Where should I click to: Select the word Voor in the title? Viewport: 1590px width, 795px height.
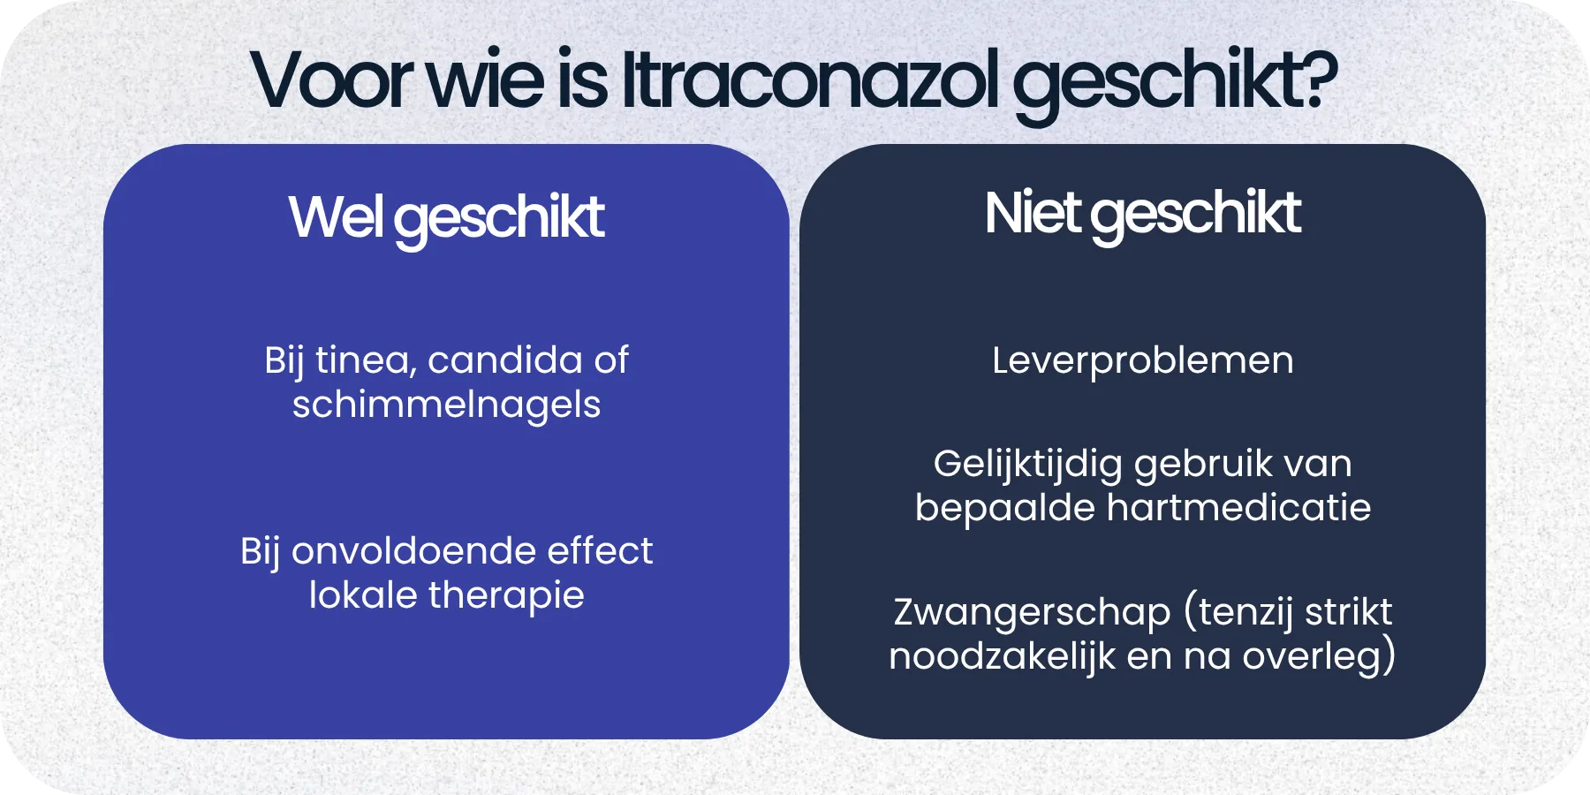(x=332, y=79)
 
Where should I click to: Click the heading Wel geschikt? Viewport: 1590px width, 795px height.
(x=446, y=217)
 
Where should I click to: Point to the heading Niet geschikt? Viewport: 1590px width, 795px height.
(x=1142, y=214)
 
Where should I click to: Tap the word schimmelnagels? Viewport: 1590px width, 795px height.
(x=446, y=405)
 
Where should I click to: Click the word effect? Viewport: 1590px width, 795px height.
(x=600, y=551)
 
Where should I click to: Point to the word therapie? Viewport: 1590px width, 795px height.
(x=506, y=595)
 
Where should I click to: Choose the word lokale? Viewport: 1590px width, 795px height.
(x=363, y=595)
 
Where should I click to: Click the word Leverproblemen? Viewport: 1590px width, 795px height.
(x=1142, y=360)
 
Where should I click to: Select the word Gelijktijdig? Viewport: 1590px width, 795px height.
(x=1027, y=464)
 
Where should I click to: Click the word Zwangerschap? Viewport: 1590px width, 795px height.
(x=1032, y=612)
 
